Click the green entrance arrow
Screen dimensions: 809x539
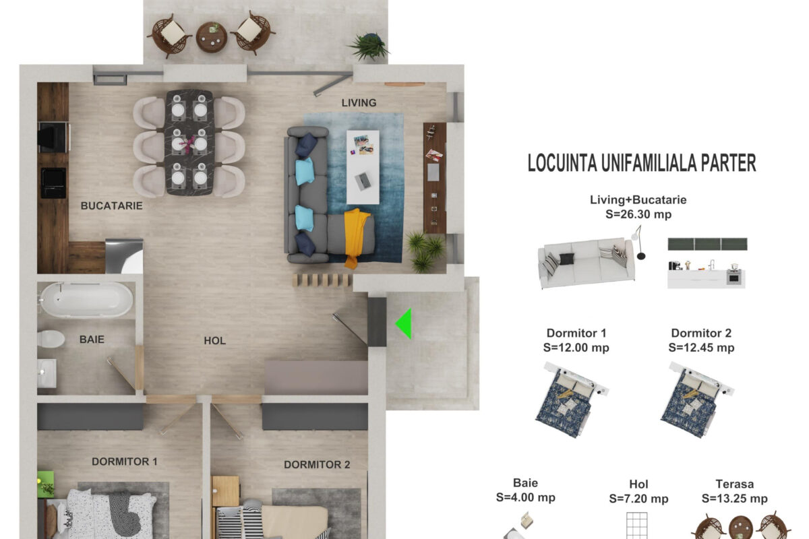tap(405, 323)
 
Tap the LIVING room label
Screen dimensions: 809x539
tap(359, 103)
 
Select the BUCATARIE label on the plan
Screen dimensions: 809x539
tap(112, 205)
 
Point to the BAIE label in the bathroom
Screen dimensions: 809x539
tap(92, 340)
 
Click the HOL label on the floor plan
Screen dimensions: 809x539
tap(214, 341)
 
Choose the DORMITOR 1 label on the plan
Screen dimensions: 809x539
tap(125, 462)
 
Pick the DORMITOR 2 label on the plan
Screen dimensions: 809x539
tap(317, 465)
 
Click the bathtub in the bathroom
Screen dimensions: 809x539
tap(86, 300)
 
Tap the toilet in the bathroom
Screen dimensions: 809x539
tap(51, 339)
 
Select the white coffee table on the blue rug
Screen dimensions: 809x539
tap(363, 167)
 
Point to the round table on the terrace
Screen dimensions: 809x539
tap(212, 37)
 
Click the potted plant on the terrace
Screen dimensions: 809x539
tap(368, 46)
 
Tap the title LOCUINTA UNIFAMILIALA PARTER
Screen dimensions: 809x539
tap(642, 163)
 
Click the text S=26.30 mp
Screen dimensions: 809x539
tap(638, 214)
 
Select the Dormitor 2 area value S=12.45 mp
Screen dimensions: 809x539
tap(701, 348)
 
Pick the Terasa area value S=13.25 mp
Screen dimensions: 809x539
tap(734, 499)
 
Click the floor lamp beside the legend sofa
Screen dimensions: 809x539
tap(638, 242)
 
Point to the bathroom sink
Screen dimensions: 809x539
tap(47, 373)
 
